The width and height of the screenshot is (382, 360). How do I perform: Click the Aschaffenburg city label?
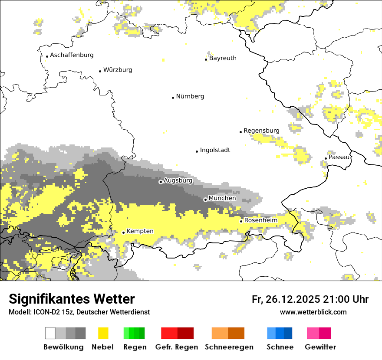pos(72,55)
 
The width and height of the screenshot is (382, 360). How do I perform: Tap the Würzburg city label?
pos(118,70)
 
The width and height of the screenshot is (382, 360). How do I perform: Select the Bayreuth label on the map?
pos(223,58)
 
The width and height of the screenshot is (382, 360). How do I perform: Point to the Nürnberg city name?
pos(190,96)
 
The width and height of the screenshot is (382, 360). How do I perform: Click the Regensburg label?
pos(261,131)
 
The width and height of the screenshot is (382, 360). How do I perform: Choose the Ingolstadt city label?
pos(215,150)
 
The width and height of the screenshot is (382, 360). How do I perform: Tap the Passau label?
pos(339,157)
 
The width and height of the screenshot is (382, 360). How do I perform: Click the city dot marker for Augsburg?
pos(161,182)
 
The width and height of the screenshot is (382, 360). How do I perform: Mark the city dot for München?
pos(205,200)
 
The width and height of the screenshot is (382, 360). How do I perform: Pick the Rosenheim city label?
pos(260,220)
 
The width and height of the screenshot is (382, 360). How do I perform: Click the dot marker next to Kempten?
pos(123,232)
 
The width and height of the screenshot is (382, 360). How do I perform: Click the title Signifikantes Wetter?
pos(72,299)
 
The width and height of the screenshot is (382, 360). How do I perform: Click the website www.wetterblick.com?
pos(313,312)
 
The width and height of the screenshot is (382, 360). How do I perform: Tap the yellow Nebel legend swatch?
pos(103,333)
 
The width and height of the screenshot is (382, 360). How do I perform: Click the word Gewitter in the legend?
pos(320,347)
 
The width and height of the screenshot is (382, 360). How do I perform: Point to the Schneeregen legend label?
pos(229,347)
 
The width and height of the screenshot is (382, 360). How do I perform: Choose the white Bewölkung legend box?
pos(50,333)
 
